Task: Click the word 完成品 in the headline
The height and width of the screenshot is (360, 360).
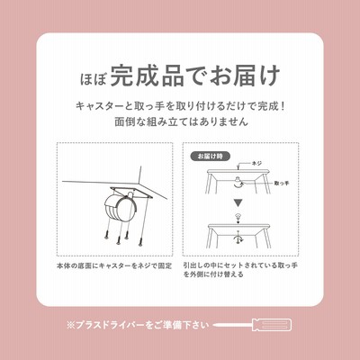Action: point(147,76)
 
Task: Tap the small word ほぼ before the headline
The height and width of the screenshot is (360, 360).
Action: point(93,78)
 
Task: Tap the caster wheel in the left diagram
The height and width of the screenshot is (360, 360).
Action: point(118,208)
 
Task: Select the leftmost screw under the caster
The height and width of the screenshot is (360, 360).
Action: point(107,235)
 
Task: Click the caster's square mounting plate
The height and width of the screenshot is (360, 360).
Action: point(131,192)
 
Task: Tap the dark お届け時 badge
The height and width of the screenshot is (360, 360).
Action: point(211,157)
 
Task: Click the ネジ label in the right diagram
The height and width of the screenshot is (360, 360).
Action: point(256,164)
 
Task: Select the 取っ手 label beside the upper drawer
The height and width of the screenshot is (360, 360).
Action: point(281,183)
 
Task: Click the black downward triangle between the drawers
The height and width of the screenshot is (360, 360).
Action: point(238,203)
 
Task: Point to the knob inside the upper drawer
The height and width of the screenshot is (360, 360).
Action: point(238,183)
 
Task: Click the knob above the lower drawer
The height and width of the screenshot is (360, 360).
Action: point(238,216)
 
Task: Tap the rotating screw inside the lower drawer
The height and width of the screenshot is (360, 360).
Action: point(238,237)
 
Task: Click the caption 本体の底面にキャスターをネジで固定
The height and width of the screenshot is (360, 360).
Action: point(114,265)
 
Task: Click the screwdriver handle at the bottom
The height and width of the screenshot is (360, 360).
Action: point(273,325)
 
